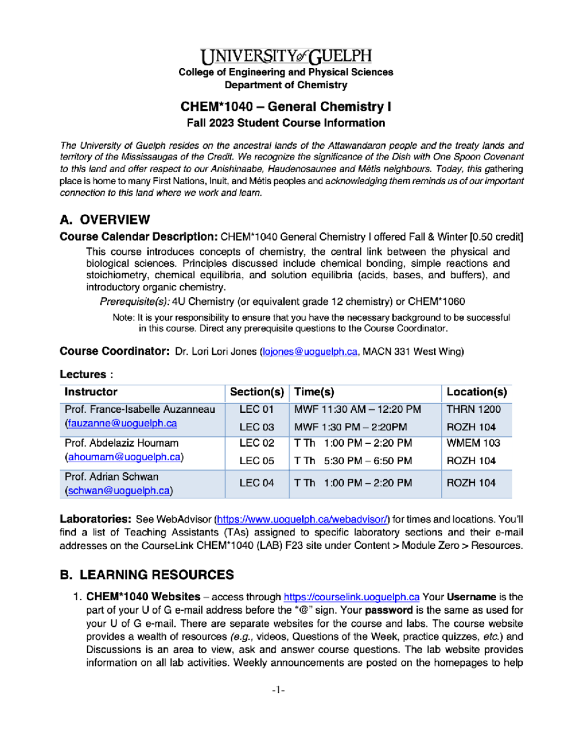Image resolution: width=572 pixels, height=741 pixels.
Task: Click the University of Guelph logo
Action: pos(286,57)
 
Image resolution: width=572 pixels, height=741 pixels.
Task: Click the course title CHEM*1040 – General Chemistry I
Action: pos(286,106)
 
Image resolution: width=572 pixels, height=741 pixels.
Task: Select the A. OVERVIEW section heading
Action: pos(105,220)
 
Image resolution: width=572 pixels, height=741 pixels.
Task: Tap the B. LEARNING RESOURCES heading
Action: pos(147,575)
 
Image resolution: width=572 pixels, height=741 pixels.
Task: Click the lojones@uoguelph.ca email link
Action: pos(310,352)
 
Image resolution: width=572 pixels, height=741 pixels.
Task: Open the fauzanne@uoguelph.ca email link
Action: pos(123,424)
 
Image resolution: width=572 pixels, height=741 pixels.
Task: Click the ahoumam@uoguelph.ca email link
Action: pos(124,457)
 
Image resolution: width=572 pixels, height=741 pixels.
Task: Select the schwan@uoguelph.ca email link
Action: pos(119,491)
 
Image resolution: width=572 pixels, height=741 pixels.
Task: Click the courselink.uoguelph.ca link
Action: pos(351,597)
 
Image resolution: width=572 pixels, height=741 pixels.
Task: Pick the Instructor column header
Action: pos(91,392)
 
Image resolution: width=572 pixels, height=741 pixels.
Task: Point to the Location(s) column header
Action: pos(476,392)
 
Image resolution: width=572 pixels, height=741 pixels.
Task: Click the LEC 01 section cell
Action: pos(256,409)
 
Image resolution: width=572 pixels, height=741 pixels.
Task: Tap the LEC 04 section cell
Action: pos(256,483)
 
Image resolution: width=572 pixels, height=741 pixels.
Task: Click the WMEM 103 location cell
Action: pos(473,443)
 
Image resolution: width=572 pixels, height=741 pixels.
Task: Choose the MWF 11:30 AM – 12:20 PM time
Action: pos(357,409)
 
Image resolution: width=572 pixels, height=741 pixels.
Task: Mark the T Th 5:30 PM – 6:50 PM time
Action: pos(353,461)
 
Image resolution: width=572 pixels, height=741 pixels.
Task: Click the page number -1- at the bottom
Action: pos(278,690)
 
